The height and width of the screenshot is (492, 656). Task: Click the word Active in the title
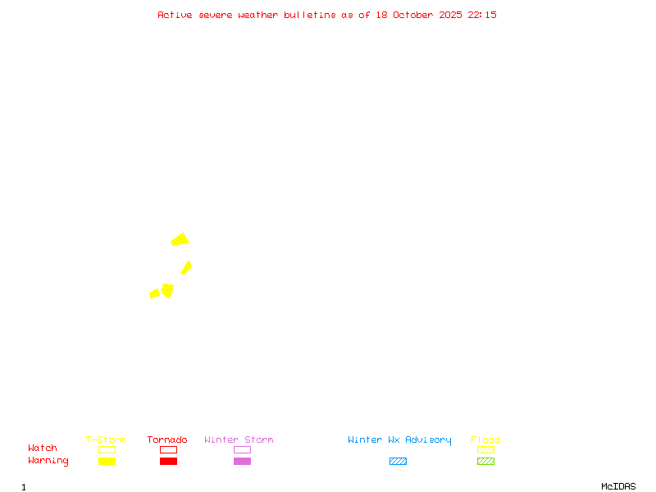(x=175, y=15)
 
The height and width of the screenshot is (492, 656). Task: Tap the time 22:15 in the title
(x=482, y=15)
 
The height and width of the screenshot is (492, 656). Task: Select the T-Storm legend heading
(x=106, y=440)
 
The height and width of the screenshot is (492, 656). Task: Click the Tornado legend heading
(x=167, y=440)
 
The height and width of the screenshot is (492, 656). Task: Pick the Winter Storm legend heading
(x=239, y=440)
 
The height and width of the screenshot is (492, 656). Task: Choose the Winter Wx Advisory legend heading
(x=399, y=440)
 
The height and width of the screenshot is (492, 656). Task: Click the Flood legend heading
(x=485, y=440)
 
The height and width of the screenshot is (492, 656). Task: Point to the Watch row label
(x=43, y=449)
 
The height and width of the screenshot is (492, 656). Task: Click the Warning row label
(x=48, y=461)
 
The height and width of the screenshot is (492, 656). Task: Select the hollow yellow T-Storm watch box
(x=107, y=449)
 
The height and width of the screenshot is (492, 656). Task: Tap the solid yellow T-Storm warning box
(x=107, y=461)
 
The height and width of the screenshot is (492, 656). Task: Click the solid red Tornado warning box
(x=168, y=461)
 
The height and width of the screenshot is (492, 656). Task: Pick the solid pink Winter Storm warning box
(x=242, y=461)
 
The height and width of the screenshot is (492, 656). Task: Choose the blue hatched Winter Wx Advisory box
(x=398, y=461)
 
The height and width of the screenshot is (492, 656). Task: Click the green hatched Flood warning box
(x=485, y=461)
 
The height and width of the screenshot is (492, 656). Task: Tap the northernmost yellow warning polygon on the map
(x=180, y=239)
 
